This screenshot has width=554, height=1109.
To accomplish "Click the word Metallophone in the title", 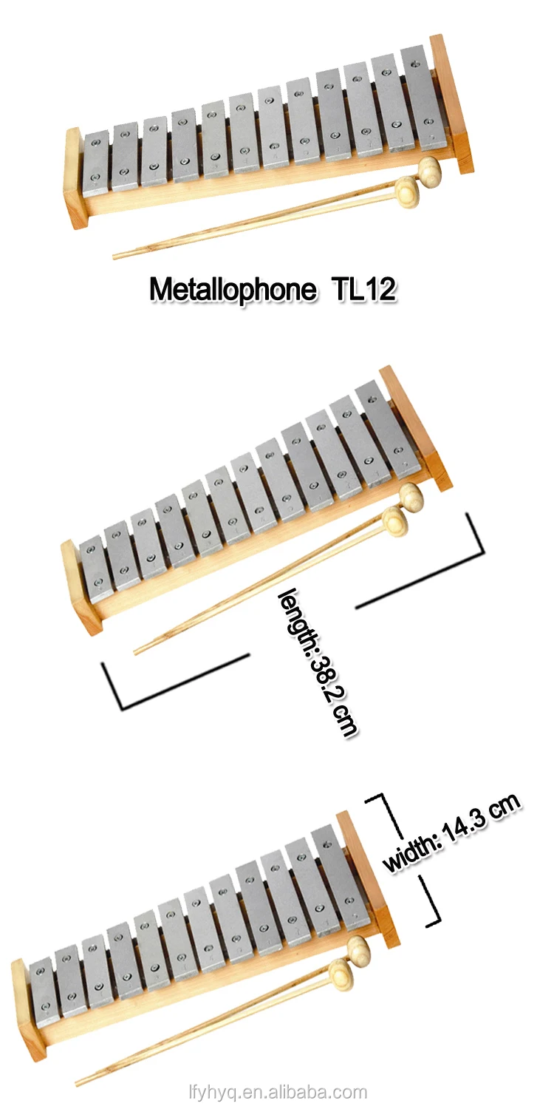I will [231, 290].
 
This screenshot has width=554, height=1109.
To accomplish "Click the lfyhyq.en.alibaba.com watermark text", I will [277, 1092].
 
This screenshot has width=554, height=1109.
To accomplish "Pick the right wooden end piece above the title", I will [452, 104].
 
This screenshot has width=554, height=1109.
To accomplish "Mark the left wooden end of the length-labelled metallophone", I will [80, 588].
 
